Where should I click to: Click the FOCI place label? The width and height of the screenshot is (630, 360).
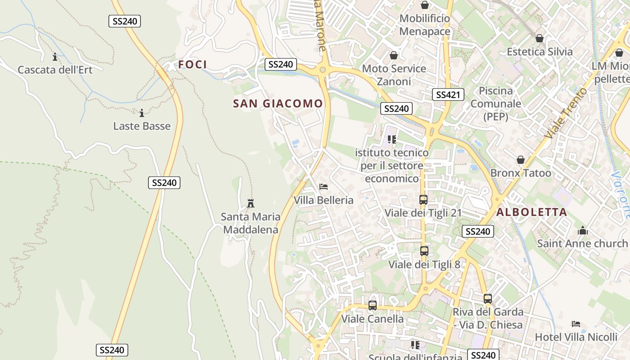[193, 64]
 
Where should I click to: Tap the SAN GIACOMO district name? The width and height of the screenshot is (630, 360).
[278, 103]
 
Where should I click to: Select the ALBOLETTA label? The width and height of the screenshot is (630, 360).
[531, 212]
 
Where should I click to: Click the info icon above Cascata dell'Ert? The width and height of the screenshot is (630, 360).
[55, 57]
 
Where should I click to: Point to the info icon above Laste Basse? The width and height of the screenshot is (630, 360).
[142, 113]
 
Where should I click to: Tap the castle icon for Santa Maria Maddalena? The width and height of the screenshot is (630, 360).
[251, 203]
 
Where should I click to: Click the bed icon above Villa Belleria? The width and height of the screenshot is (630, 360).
[323, 187]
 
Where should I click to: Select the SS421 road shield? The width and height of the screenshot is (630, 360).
[448, 94]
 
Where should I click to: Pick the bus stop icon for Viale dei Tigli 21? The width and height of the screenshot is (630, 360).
[423, 200]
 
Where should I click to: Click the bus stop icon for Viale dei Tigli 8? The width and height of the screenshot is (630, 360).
[424, 251]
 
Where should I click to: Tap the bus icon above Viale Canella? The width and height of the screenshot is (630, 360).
[372, 306]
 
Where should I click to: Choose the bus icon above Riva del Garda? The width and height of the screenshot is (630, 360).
[488, 299]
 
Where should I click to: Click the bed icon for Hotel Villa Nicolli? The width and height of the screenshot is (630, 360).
[576, 324]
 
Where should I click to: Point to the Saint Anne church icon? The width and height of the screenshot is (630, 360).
[582, 231]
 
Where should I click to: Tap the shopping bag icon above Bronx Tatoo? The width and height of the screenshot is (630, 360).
[521, 160]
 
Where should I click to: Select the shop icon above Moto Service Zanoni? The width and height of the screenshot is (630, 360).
[394, 55]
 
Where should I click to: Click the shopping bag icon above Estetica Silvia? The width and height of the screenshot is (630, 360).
[539, 38]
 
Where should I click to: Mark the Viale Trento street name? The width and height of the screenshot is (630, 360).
[566, 113]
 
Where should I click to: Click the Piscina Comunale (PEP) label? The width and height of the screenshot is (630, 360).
[495, 103]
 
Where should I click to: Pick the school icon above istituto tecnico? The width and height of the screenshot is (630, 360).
[391, 139]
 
